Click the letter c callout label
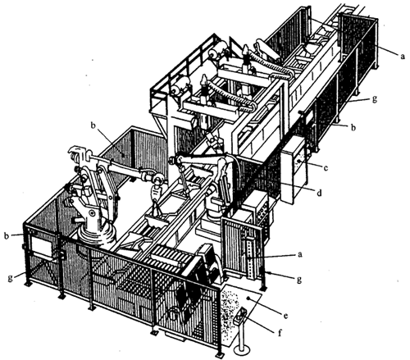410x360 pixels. point(326,168)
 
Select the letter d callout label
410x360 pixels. point(319,194)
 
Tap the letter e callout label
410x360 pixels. point(285,316)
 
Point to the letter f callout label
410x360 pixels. point(280,333)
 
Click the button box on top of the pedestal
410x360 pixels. point(240,316)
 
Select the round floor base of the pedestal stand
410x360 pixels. point(242,350)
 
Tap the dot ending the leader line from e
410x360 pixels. point(248,299)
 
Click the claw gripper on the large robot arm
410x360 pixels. point(77,153)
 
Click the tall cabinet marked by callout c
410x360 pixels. point(294,170)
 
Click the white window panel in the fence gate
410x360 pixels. point(42,246)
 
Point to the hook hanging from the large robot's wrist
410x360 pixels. point(156,194)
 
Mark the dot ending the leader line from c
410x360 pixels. point(300,162)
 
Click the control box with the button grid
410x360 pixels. point(257,208)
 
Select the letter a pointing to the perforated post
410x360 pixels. point(300,254)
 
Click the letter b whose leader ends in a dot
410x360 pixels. point(93,125)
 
